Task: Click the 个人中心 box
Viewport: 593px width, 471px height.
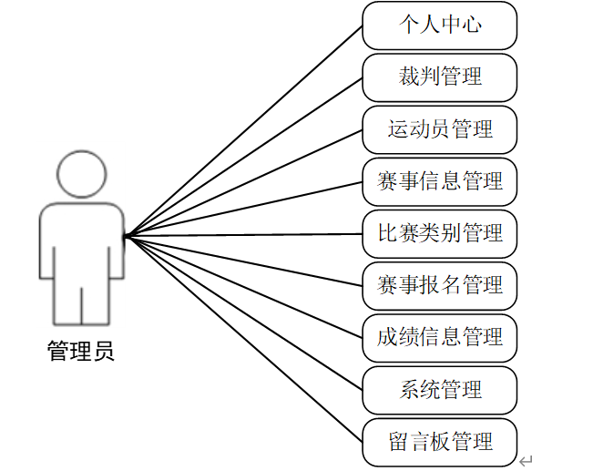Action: [439, 26]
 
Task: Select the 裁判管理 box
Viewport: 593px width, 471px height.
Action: [439, 77]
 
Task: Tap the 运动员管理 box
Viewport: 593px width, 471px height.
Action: [439, 129]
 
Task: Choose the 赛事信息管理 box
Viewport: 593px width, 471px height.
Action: [439, 181]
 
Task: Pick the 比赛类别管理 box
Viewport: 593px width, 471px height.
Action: [439, 233]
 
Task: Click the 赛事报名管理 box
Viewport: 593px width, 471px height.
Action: [439, 286]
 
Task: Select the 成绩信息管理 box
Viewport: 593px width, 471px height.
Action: [439, 338]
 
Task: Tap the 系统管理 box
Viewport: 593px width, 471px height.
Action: [439, 390]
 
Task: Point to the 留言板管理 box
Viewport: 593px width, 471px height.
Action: [439, 443]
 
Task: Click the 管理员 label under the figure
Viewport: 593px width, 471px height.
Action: [81, 352]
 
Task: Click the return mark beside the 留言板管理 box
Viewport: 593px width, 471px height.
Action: [526, 460]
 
